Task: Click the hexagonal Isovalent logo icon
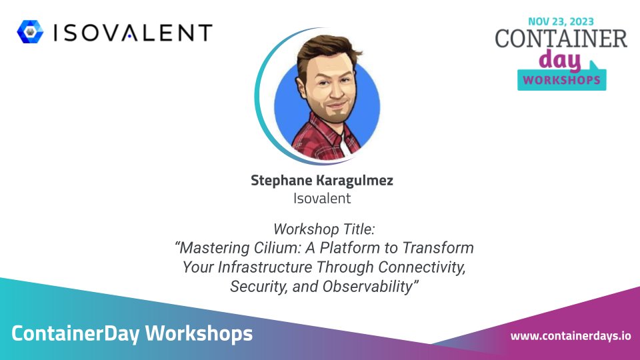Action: click(x=30, y=32)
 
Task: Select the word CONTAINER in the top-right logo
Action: click(x=561, y=39)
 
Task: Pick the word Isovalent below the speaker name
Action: click(x=321, y=198)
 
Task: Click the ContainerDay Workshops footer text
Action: click(x=132, y=333)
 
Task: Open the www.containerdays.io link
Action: click(x=570, y=335)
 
